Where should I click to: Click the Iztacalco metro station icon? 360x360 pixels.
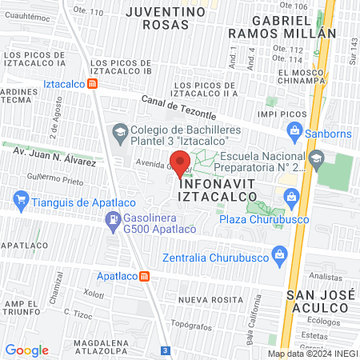click(x=94, y=83)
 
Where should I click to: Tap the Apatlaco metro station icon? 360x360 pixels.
click(x=144, y=277)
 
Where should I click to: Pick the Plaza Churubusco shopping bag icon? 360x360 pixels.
click(x=292, y=196)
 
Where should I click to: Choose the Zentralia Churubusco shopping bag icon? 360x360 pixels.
click(x=279, y=258)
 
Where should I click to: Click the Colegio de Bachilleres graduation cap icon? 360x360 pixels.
click(x=120, y=131)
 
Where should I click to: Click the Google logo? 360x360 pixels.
click(x=26, y=350)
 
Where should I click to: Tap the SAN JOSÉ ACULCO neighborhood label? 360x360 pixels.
click(x=318, y=302)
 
